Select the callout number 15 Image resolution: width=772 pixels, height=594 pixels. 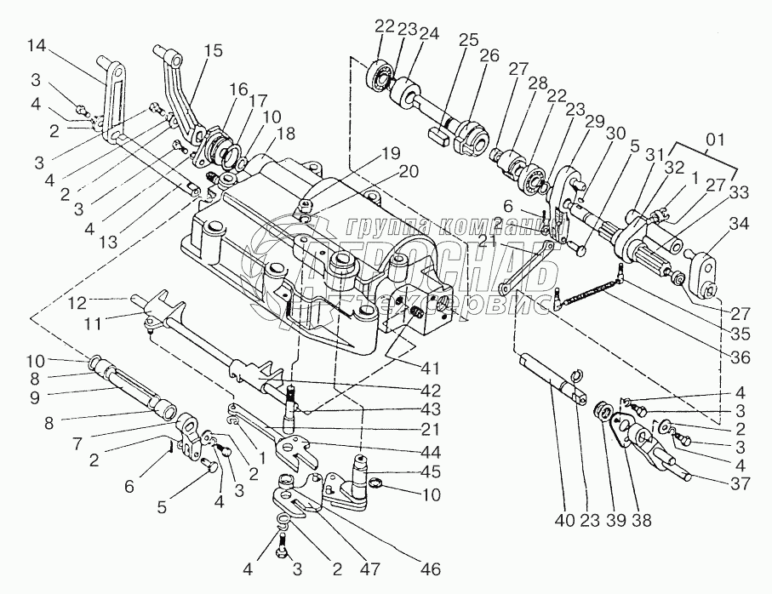[213, 49]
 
